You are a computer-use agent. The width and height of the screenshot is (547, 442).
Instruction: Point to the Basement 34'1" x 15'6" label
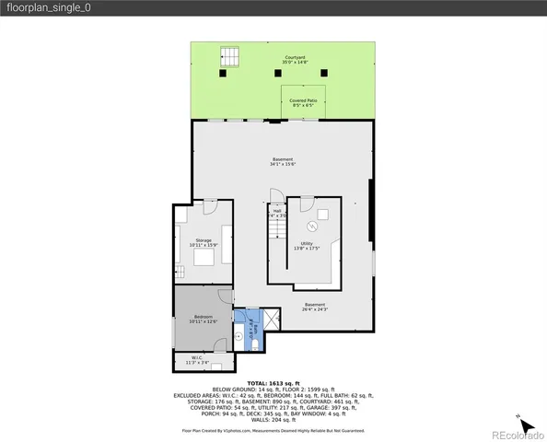point(282,162)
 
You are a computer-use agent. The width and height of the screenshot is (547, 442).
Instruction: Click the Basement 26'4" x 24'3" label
point(315,308)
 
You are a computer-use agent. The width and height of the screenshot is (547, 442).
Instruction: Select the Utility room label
point(307,246)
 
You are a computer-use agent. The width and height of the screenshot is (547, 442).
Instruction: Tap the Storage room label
point(203,242)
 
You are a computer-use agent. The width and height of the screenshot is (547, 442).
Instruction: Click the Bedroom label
point(203,319)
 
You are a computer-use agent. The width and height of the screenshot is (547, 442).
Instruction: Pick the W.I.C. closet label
point(197,360)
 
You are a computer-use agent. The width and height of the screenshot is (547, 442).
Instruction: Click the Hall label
point(276,214)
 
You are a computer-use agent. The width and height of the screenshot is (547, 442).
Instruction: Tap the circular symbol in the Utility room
point(312,225)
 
